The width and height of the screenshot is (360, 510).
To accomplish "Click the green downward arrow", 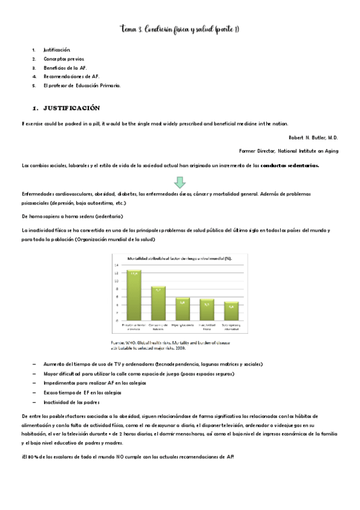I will (x=179, y=181).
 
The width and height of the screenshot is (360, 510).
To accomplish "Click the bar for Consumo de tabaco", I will (x=158, y=303).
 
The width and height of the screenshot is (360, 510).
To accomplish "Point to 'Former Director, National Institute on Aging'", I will (x=288, y=150).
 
